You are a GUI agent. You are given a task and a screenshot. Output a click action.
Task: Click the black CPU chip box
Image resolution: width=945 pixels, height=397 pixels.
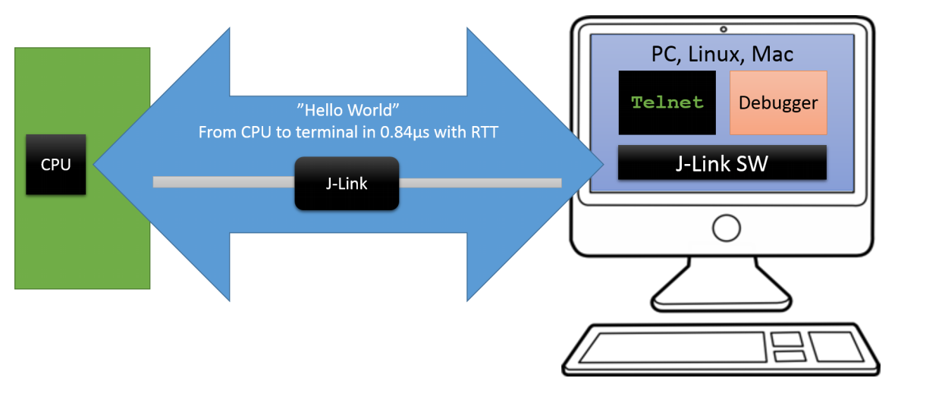point(55,165)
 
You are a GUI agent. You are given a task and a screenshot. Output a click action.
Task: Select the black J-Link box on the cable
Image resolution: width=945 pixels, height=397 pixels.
point(347,183)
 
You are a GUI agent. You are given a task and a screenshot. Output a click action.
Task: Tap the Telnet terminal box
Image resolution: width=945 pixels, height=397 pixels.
point(667,102)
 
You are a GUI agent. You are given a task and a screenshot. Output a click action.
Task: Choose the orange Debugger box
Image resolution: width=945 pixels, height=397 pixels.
point(778,102)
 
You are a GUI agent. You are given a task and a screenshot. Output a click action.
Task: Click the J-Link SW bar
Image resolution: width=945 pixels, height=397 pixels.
point(722,162)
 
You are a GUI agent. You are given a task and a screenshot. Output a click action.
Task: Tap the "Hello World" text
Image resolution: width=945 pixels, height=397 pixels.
point(347,109)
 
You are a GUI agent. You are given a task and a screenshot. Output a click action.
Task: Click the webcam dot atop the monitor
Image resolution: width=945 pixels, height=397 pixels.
point(724,30)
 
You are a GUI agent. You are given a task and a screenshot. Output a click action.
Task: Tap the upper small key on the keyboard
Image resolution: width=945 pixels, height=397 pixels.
point(788,339)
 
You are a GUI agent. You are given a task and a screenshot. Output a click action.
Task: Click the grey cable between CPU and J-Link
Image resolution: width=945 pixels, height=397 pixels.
point(224,182)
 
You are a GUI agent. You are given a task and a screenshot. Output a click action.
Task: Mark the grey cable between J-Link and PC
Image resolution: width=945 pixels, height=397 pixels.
point(479,182)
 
